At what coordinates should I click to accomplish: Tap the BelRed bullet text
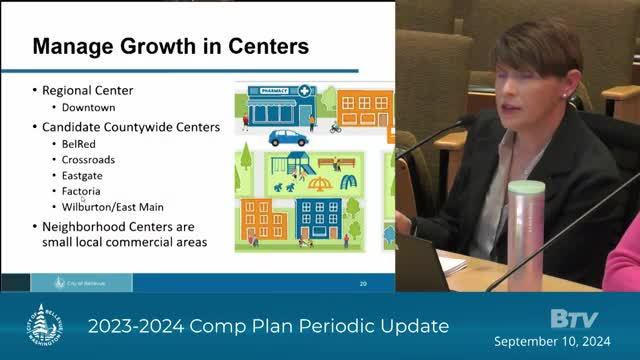[x=78, y=143]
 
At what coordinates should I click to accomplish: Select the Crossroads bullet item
[x=87, y=159]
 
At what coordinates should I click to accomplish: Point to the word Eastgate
[x=82, y=175]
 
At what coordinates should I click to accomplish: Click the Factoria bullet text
[x=82, y=191]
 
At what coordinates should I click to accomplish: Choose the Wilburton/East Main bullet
[x=110, y=207]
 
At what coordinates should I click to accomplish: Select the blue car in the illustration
[x=288, y=137]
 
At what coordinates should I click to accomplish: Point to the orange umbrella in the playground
[x=319, y=183]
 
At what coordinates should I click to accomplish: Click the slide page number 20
[x=363, y=283]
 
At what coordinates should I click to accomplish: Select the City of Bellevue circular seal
[x=42, y=326]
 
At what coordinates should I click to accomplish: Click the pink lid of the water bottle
[x=525, y=188]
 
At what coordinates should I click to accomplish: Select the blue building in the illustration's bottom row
[x=319, y=217]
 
